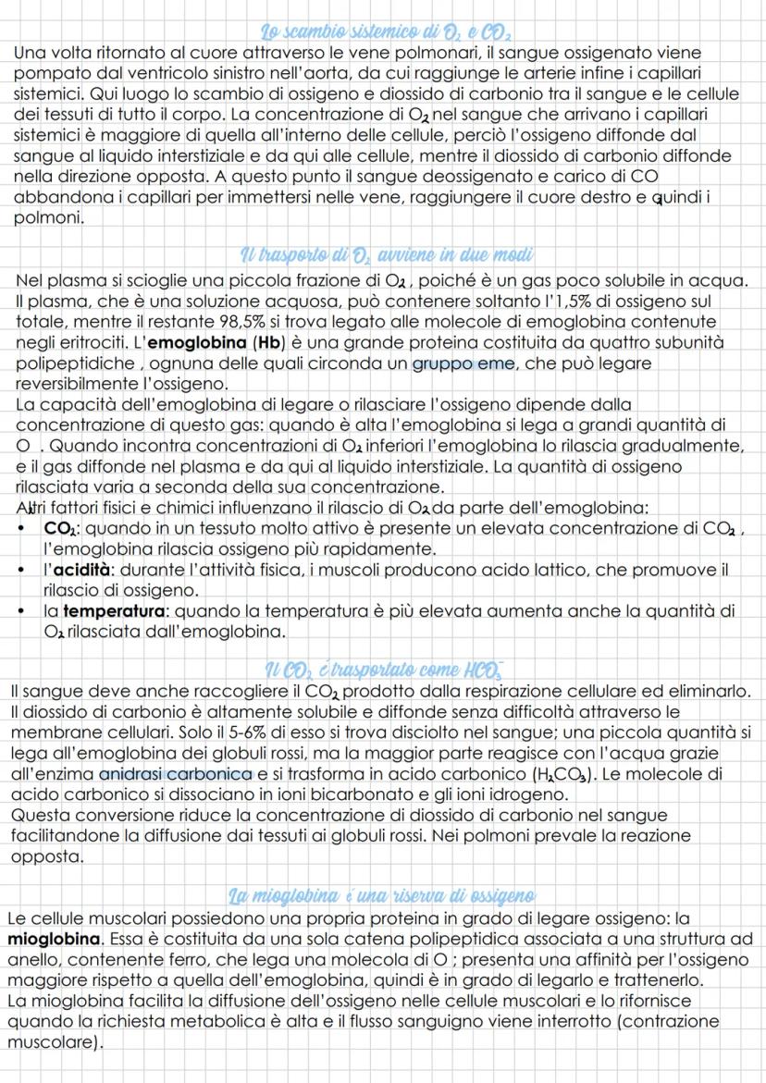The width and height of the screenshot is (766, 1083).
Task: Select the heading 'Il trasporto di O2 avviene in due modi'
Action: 382,254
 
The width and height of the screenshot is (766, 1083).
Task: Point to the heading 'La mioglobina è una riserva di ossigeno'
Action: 383,895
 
